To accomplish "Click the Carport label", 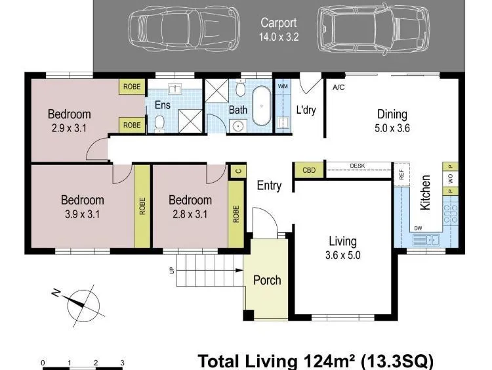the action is click(279, 22).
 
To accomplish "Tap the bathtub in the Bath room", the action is click(261, 106).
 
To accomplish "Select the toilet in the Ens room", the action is click(159, 123).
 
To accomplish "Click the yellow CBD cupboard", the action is click(309, 170).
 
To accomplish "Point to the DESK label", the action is click(358, 166).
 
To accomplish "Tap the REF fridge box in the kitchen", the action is click(402, 174).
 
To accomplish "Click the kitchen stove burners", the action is click(450, 214).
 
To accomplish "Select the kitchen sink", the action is click(426, 241).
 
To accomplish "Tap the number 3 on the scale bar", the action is click(123, 363).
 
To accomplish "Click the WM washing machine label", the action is click(283, 86).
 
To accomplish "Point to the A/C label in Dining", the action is click(338, 87).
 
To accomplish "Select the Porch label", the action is click(267, 280).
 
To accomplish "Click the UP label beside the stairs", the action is click(172, 270).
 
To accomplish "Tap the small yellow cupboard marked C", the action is click(239, 172).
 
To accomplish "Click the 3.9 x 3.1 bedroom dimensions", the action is click(82, 214).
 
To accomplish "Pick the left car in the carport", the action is click(184, 29).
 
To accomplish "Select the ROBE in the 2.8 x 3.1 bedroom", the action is click(236, 214).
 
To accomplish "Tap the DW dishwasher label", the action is click(418, 228).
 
